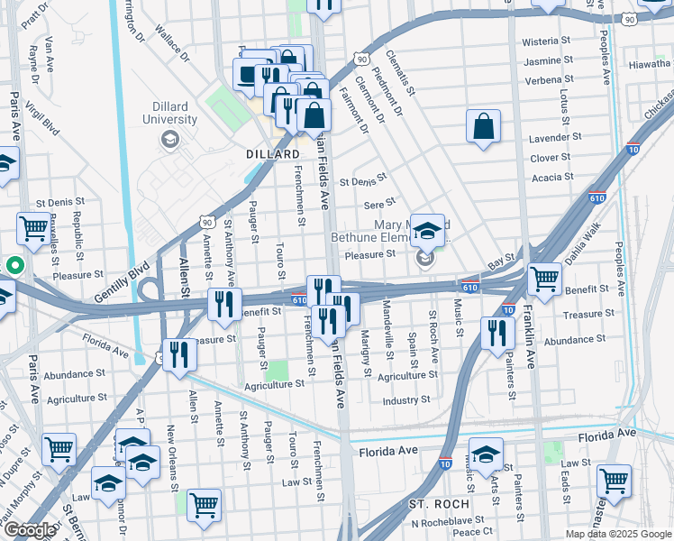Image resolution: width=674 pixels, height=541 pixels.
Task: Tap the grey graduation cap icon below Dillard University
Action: click(169, 139)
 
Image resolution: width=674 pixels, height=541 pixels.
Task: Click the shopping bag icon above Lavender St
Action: click(483, 127)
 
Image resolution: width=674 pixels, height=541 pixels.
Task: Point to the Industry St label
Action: click(405, 400)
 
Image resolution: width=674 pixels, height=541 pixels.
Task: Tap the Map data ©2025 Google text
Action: click(618, 534)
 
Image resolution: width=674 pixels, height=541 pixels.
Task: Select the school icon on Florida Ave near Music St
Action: click(486, 455)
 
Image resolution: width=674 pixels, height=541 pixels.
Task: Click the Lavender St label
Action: click(552, 138)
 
